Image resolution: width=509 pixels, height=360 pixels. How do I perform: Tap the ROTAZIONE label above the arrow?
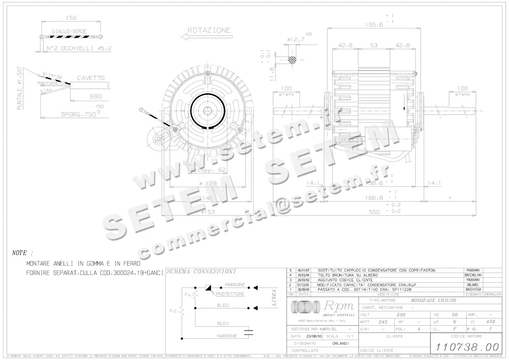click(209, 30)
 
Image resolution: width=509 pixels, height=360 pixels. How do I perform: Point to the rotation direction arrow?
click(206, 37)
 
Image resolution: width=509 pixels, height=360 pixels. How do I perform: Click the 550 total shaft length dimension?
click(374, 211)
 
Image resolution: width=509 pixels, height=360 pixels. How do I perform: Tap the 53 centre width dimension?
click(374, 45)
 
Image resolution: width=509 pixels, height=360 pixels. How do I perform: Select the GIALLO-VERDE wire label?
click(69, 31)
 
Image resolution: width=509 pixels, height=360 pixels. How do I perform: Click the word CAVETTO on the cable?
click(91, 78)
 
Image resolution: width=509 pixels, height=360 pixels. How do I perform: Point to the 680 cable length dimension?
click(96, 96)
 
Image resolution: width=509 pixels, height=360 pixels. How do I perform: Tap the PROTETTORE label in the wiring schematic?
click(230, 294)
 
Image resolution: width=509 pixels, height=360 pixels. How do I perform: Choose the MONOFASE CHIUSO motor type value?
click(433, 300)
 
